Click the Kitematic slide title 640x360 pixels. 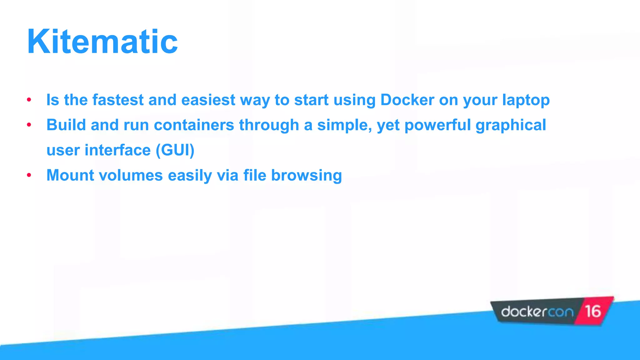pos(102,42)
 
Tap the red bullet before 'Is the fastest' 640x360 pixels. pos(29,100)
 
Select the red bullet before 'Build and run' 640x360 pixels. pos(29,125)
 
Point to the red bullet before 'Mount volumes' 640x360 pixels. pos(29,175)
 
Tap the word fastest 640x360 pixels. pos(118,100)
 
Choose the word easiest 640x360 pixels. pos(208,100)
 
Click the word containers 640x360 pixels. pos(194,125)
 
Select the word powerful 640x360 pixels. pos(437,125)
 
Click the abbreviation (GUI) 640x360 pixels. pos(175,150)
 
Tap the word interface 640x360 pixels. pos(118,150)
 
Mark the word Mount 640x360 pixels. pos(70,175)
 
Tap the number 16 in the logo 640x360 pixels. pos(593,312)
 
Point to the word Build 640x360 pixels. pos(66,125)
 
